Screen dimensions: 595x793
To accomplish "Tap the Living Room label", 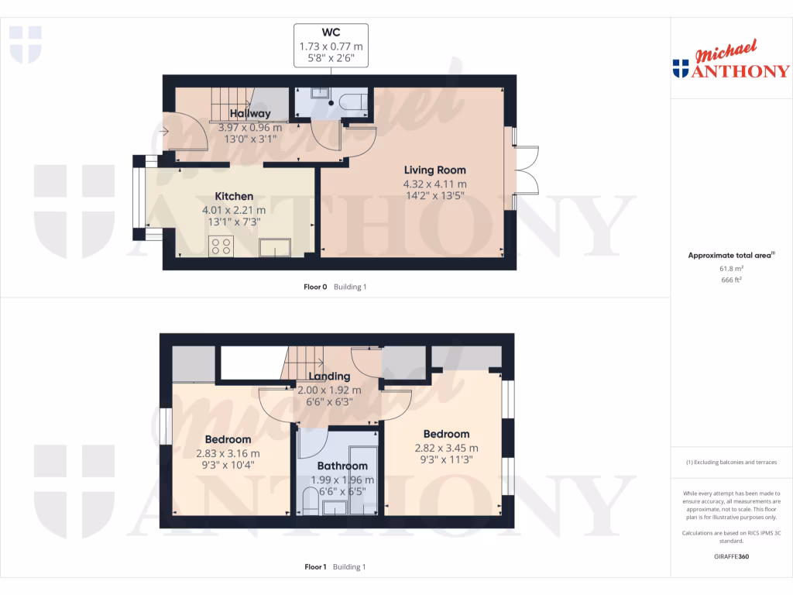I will point(434,170).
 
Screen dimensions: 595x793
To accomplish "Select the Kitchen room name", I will point(233,197).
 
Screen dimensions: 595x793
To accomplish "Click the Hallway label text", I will point(249,115).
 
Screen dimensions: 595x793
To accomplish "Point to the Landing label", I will point(329,377).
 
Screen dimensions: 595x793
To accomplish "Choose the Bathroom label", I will point(342,466).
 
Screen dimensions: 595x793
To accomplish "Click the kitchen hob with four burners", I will point(221,246).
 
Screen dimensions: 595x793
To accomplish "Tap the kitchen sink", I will point(275,247).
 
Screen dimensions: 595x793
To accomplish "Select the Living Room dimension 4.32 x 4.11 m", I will point(434,184).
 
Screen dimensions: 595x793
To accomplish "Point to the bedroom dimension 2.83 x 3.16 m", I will point(228,453).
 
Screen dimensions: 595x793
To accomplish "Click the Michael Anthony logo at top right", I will point(730,62).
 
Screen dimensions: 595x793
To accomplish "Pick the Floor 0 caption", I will point(317,287).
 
